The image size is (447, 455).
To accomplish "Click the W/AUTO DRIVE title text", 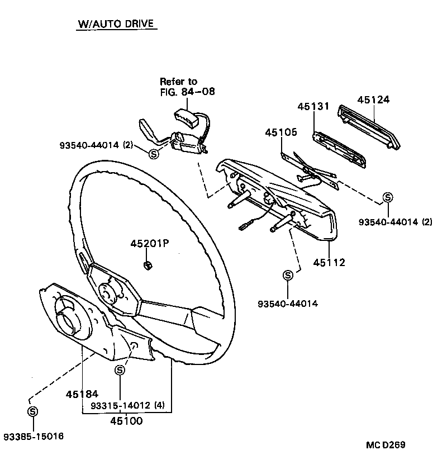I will pyautogui.click(x=116, y=25).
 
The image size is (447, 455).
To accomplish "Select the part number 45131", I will pyautogui.click(x=313, y=106).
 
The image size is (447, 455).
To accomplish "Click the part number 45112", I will pyautogui.click(x=329, y=262).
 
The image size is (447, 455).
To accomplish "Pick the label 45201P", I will pyautogui.click(x=149, y=244).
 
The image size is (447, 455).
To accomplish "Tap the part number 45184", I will pyautogui.click(x=82, y=394).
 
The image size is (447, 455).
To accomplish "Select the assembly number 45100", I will pyautogui.click(x=126, y=421).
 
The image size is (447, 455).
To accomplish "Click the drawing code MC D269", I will pyautogui.click(x=386, y=445).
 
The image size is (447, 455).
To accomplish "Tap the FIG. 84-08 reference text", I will pyautogui.click(x=187, y=91).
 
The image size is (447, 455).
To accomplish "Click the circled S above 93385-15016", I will pyautogui.click(x=32, y=411).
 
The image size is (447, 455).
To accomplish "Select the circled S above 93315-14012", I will pyautogui.click(x=120, y=370).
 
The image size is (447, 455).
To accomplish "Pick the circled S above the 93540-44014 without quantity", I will pyautogui.click(x=288, y=275).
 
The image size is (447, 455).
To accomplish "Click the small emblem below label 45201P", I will pyautogui.click(x=148, y=265).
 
